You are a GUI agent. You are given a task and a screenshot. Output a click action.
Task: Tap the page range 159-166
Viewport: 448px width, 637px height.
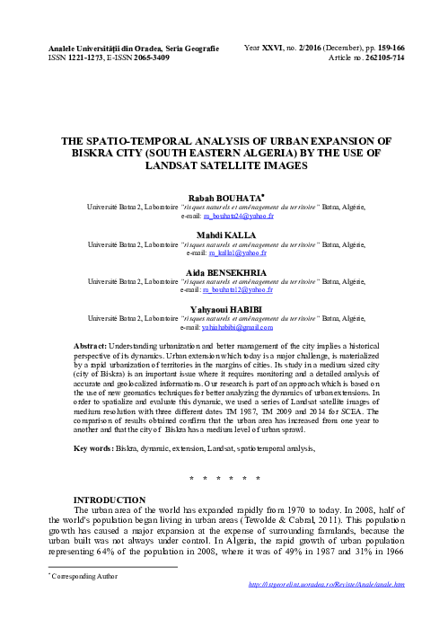pos(389,43)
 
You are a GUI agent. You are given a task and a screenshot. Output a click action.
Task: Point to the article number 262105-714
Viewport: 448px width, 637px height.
pos(381,56)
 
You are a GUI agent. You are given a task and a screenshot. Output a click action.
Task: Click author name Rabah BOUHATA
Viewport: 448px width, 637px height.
pos(224,196)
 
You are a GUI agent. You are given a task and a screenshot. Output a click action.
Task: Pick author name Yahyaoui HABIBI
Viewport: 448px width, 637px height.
pos(224,305)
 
